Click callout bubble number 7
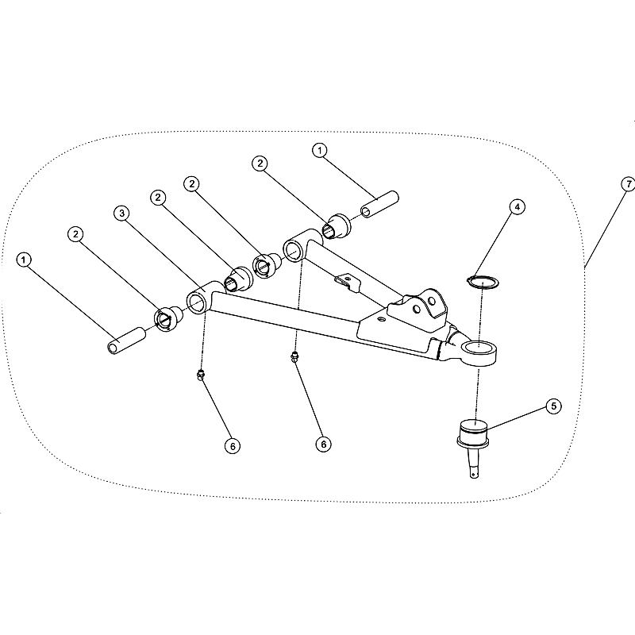pyautogui.click(x=628, y=184)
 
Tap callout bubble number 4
pyautogui.click(x=517, y=207)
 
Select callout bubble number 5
pyautogui.click(x=553, y=406)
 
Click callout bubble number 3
pyautogui.click(x=121, y=214)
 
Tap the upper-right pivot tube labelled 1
pyautogui.click(x=380, y=204)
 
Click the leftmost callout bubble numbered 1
pyautogui.click(x=24, y=260)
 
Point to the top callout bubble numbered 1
pyautogui.click(x=320, y=150)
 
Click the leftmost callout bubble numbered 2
pyautogui.click(x=75, y=234)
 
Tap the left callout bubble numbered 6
pyautogui.click(x=233, y=446)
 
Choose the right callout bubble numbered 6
pyautogui.click(x=323, y=444)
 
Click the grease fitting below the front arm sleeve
pyautogui.click(x=200, y=375)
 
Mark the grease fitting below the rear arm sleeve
pyautogui.click(x=295, y=358)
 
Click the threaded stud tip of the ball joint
pyautogui.click(x=475, y=473)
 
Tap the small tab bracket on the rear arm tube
pyautogui.click(x=347, y=281)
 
